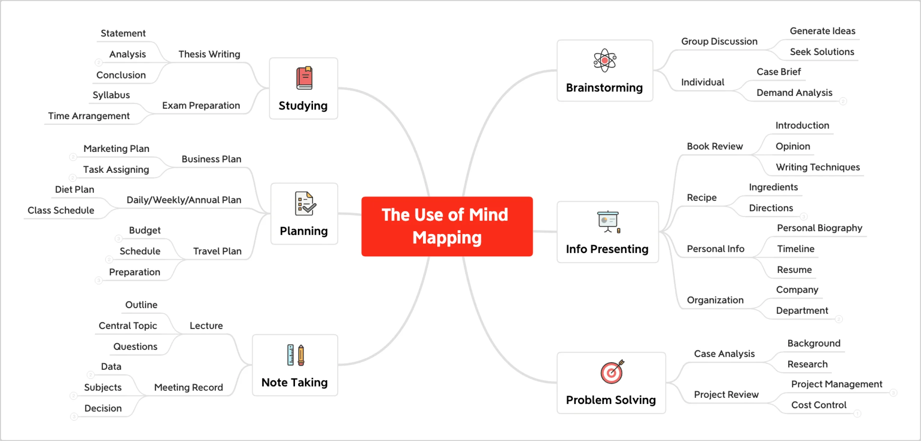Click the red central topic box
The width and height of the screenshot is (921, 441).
[x=447, y=226]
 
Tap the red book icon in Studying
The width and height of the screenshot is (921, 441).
[x=304, y=78]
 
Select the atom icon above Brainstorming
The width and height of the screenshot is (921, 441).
[x=605, y=60]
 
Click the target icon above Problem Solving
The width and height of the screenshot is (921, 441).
[x=612, y=372]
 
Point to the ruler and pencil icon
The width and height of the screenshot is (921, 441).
[x=296, y=355]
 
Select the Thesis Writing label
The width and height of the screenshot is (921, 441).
[x=209, y=54]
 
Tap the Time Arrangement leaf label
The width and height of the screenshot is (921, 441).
[x=89, y=116]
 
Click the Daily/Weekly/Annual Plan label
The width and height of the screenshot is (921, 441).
[x=184, y=200]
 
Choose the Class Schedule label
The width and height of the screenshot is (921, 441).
[x=61, y=210]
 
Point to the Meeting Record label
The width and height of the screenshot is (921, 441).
[x=189, y=387]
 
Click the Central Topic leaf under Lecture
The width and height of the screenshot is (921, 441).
[x=128, y=326]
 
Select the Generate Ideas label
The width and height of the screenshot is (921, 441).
[x=822, y=31]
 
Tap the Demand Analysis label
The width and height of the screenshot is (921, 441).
[x=794, y=93]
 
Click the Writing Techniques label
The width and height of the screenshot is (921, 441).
[x=818, y=167]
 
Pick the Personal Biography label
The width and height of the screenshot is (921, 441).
[x=820, y=228]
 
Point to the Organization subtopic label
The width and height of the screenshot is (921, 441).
[x=715, y=300]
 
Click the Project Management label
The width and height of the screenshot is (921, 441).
[x=836, y=384]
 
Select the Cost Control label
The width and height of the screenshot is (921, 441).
[x=819, y=405]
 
